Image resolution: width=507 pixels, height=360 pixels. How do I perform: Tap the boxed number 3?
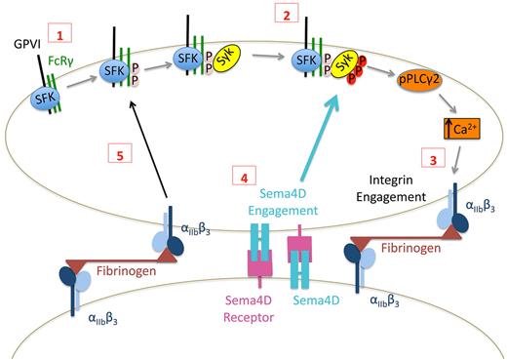(x=427, y=157)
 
